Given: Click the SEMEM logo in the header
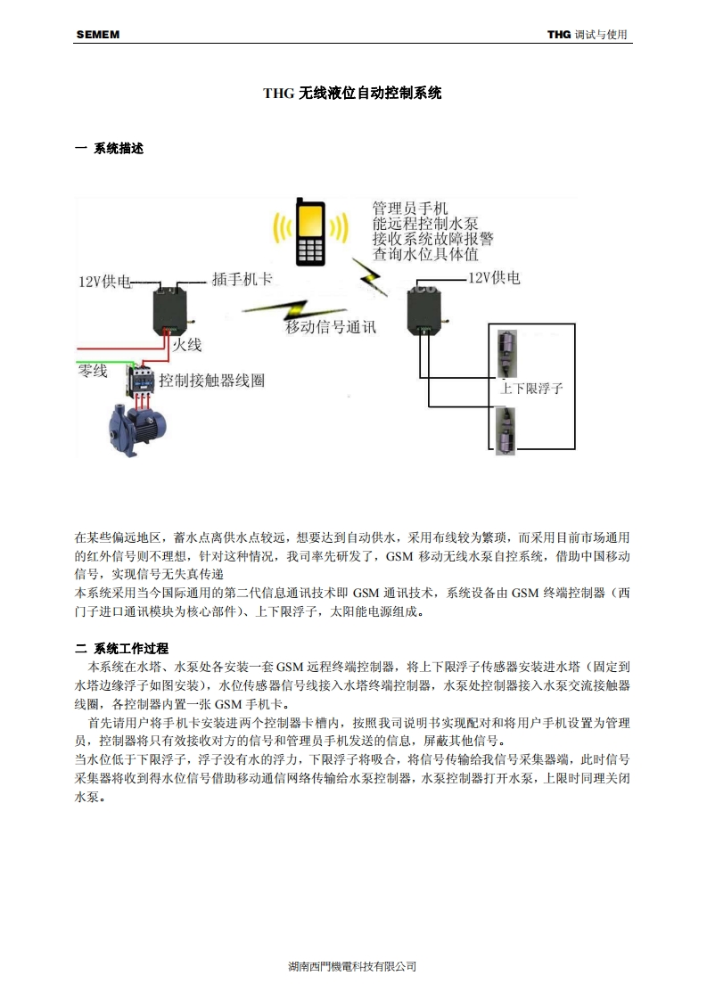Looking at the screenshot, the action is click(x=98, y=35).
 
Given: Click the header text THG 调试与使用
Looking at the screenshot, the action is click(x=588, y=35).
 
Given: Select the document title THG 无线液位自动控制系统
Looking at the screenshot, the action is click(x=353, y=92).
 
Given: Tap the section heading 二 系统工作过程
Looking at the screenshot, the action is click(x=121, y=648).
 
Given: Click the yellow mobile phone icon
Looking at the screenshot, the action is click(x=310, y=233).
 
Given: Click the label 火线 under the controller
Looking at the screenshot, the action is click(x=187, y=343).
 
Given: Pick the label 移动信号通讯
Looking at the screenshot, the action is click(x=331, y=326).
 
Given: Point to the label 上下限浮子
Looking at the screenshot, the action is click(x=531, y=389).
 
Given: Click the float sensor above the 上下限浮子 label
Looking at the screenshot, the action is click(x=506, y=350).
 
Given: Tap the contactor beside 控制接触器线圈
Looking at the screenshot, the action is click(x=141, y=381).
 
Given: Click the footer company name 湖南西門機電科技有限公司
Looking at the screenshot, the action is click(x=353, y=966).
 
